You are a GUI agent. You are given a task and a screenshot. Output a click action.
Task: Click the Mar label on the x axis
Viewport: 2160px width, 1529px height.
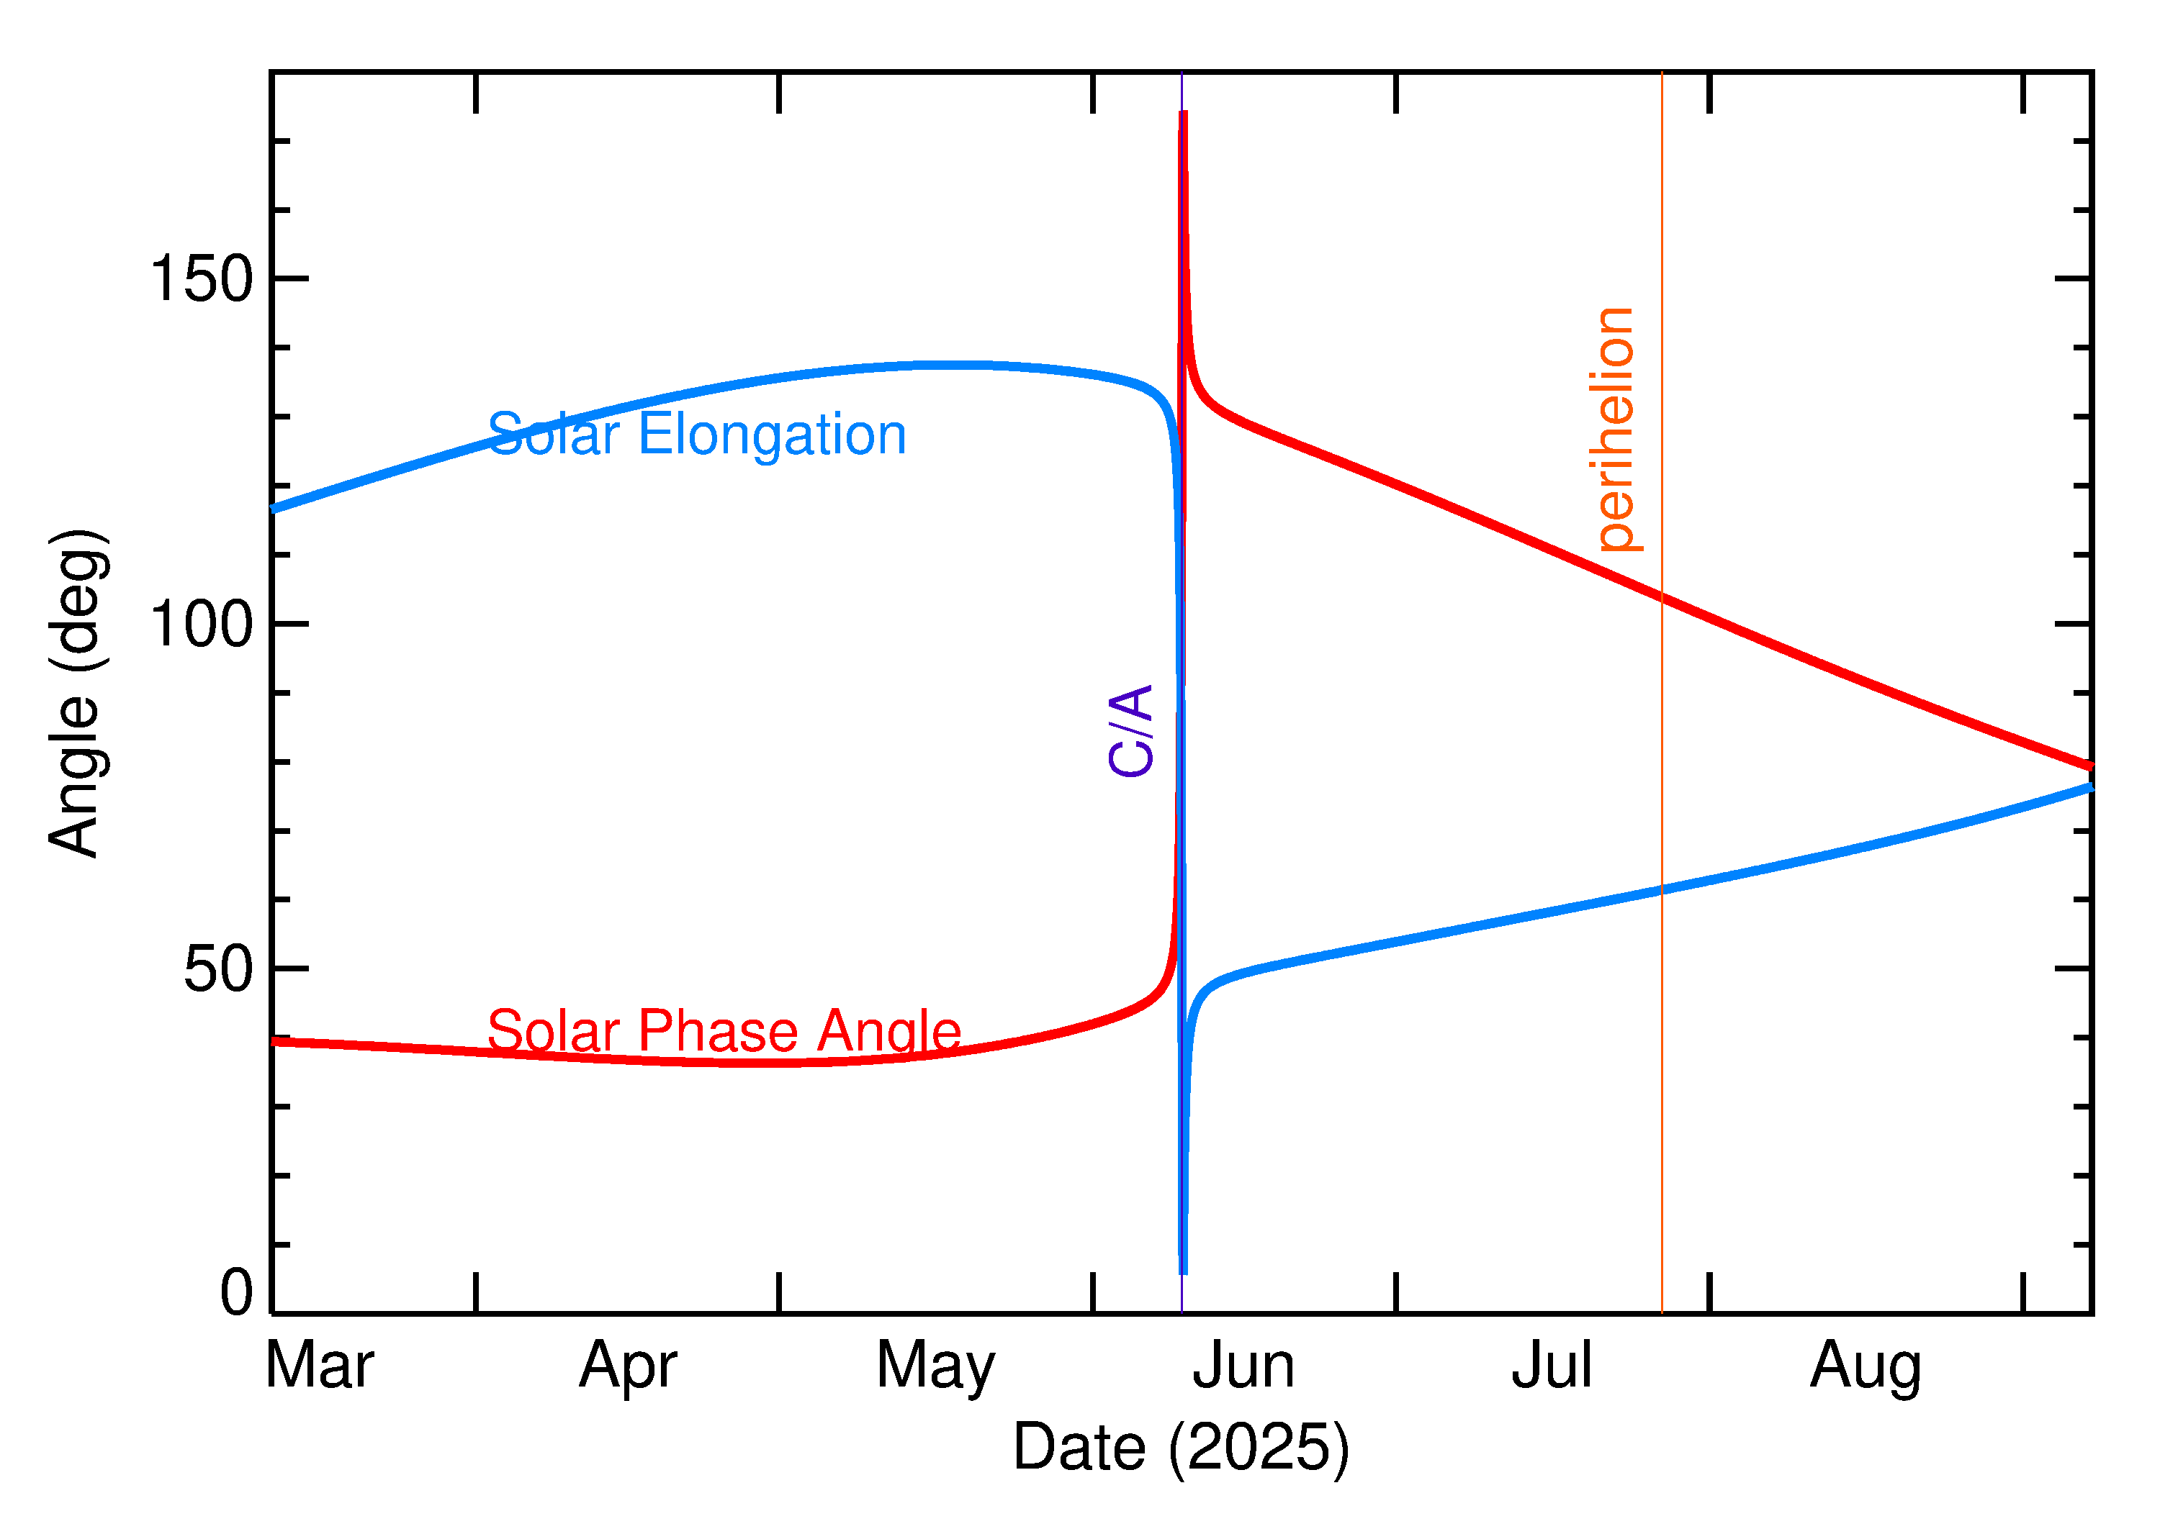click(x=320, y=1366)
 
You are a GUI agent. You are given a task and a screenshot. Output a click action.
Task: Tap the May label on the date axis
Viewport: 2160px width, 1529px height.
click(x=935, y=1366)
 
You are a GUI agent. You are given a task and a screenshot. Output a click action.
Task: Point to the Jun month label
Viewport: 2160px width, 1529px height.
click(x=1243, y=1366)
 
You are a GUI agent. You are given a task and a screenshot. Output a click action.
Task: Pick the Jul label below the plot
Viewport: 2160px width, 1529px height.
click(x=1551, y=1366)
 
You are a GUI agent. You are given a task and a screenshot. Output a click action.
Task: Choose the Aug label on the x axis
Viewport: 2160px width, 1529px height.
click(x=1864, y=1366)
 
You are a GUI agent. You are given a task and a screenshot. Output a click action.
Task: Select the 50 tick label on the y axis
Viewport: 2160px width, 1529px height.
click(x=219, y=968)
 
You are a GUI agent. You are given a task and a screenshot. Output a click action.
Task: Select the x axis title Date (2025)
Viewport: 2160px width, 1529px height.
click(x=1180, y=1447)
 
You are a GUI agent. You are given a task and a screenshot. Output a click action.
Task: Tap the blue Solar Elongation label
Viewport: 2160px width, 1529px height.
click(x=696, y=435)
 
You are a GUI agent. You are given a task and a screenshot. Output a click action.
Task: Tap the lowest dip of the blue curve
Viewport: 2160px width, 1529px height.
click(x=1183, y=1271)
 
